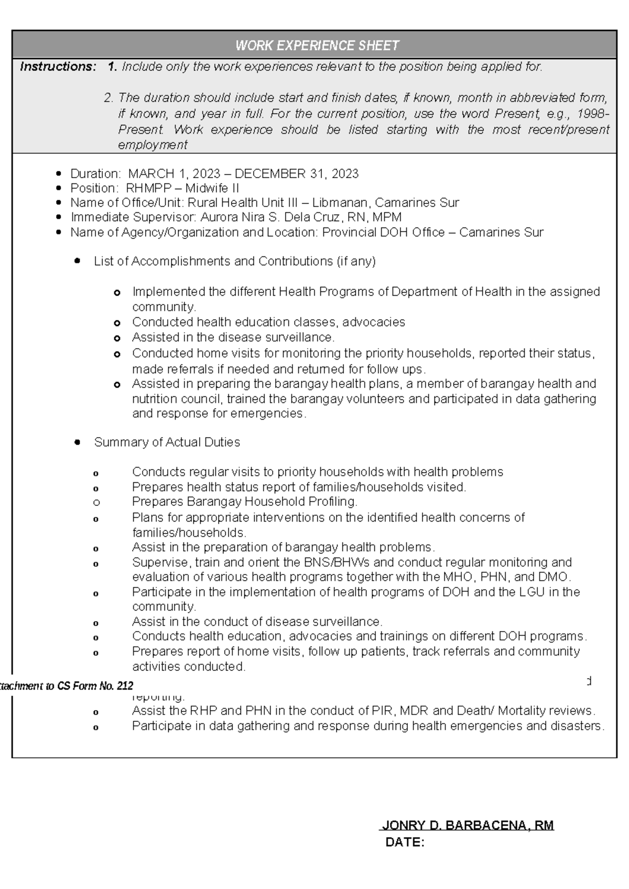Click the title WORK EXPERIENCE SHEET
[317, 46]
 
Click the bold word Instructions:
[58, 67]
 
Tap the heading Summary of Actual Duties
[167, 442]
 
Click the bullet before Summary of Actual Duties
[78, 442]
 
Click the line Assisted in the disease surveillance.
[233, 337]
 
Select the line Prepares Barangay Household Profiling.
[244, 502]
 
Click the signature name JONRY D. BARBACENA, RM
[468, 826]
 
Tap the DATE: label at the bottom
[405, 843]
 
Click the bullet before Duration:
[59, 174]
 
